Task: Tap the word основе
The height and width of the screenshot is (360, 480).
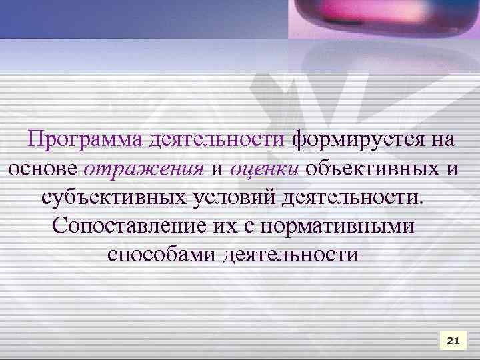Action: pos(43,169)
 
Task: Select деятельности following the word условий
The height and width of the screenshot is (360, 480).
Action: pos(353,198)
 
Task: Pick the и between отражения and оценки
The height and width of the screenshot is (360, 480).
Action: pos(217,169)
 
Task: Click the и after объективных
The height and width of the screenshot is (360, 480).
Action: pos(451,169)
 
